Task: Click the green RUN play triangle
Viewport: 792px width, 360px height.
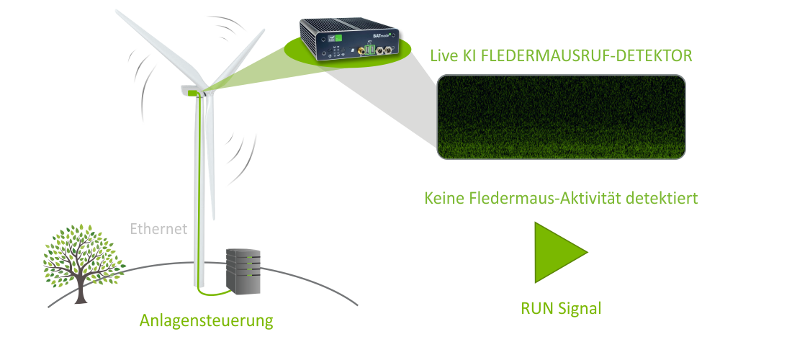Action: pos(557,252)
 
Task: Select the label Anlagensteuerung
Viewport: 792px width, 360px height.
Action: pos(206,320)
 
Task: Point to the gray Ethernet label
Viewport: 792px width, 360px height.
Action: pos(158,230)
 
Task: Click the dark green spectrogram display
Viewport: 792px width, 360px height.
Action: pos(561,117)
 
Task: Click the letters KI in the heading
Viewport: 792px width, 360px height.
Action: pos(472,55)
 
